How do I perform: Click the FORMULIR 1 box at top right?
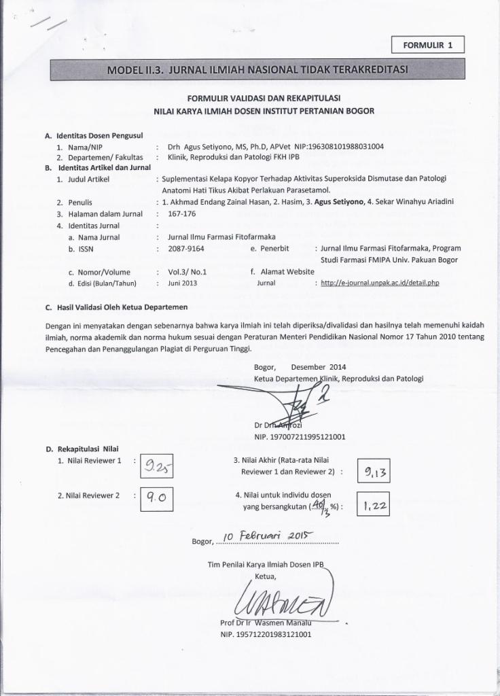(428, 46)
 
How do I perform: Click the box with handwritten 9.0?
(157, 499)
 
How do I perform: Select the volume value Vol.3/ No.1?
(187, 271)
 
